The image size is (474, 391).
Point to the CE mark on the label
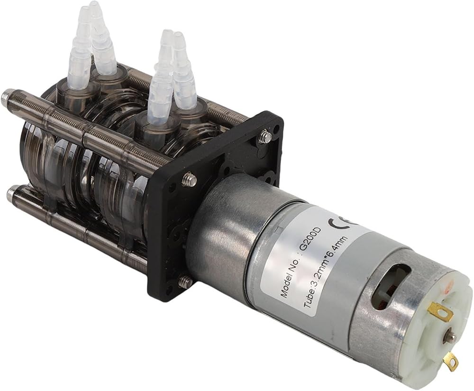(344, 221)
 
